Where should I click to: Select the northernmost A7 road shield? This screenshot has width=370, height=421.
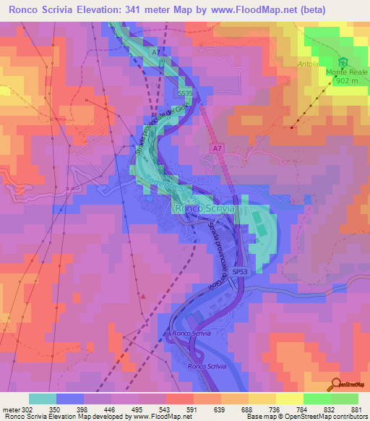click(157, 53)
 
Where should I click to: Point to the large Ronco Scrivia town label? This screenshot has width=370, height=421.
click(204, 208)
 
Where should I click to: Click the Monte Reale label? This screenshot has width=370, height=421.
click(346, 72)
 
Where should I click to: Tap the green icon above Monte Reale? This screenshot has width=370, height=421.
click(344, 62)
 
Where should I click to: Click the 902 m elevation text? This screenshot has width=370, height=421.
click(346, 81)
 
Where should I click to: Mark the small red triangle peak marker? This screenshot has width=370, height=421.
click(144, 296)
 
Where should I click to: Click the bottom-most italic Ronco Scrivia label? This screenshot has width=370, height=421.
click(207, 367)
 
